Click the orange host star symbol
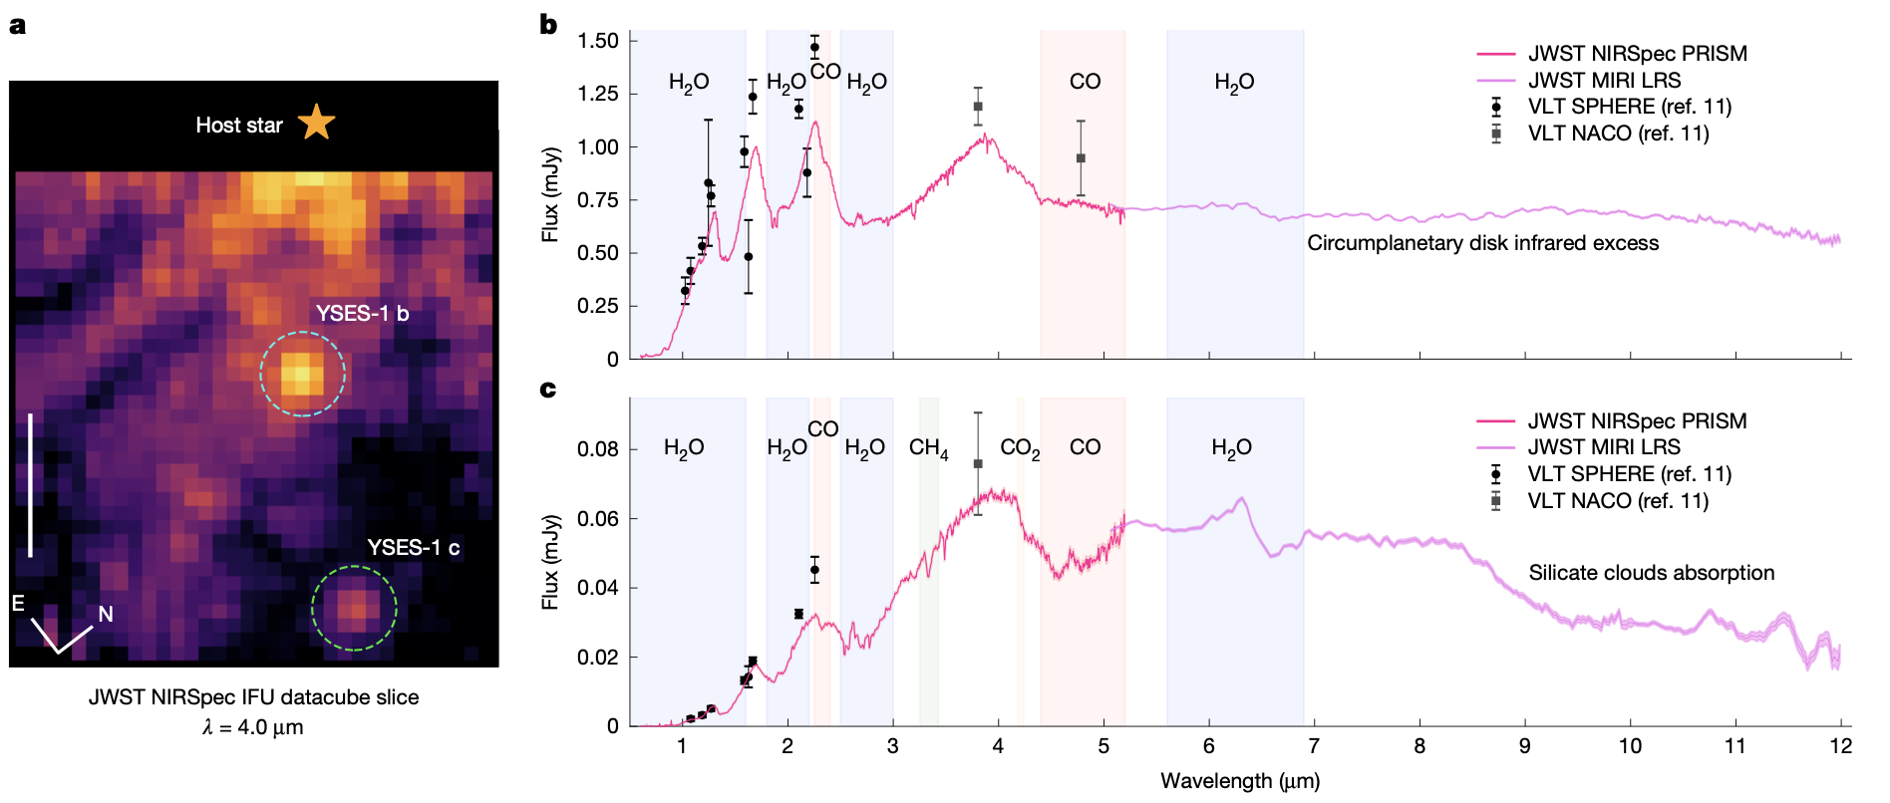(x=316, y=123)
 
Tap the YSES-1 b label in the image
(x=362, y=313)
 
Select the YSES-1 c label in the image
(x=413, y=547)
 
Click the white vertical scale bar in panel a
(x=31, y=484)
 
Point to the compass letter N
(x=105, y=614)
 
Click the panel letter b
(x=548, y=24)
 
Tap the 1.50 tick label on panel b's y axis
(x=598, y=41)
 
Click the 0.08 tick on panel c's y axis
(x=598, y=449)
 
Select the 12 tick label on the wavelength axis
(x=1840, y=746)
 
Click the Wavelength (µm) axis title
(x=1240, y=781)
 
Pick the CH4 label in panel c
(x=928, y=448)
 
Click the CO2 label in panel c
(x=1020, y=448)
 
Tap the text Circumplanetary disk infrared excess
(x=1482, y=243)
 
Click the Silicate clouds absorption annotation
(x=1651, y=573)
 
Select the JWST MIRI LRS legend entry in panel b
(x=1604, y=80)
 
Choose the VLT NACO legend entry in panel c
(x=1617, y=500)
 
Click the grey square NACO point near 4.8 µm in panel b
(x=1081, y=158)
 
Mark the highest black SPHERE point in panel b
(x=814, y=47)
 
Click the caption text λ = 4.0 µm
(x=253, y=727)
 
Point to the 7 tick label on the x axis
(x=1314, y=746)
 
